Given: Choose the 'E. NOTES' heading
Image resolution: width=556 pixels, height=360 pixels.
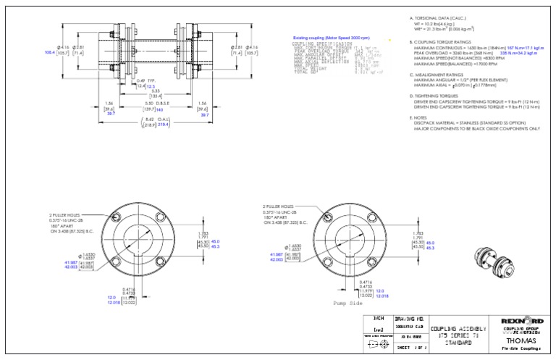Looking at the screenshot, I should [x=423, y=117].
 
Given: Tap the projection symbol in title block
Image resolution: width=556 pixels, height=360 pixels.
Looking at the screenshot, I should [x=376, y=346].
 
